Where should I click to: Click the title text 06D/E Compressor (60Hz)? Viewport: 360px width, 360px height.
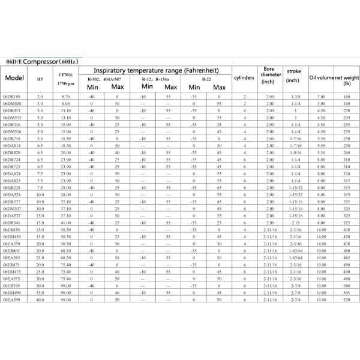click(46, 61)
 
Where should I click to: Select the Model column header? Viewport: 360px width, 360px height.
click(14, 79)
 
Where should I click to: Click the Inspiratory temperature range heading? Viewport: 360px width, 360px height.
click(155, 70)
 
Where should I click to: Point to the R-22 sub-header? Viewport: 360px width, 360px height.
click(206, 79)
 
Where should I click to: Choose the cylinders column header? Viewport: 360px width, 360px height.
click(244, 78)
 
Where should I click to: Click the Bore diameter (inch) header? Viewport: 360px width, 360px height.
click(269, 75)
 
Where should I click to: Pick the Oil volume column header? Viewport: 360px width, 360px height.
click(321, 78)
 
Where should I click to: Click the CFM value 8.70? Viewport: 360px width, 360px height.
click(66, 97)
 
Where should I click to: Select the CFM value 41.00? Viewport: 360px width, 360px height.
click(66, 223)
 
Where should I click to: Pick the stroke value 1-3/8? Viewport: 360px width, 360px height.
click(295, 97)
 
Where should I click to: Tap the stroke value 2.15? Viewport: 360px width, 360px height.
click(295, 223)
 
